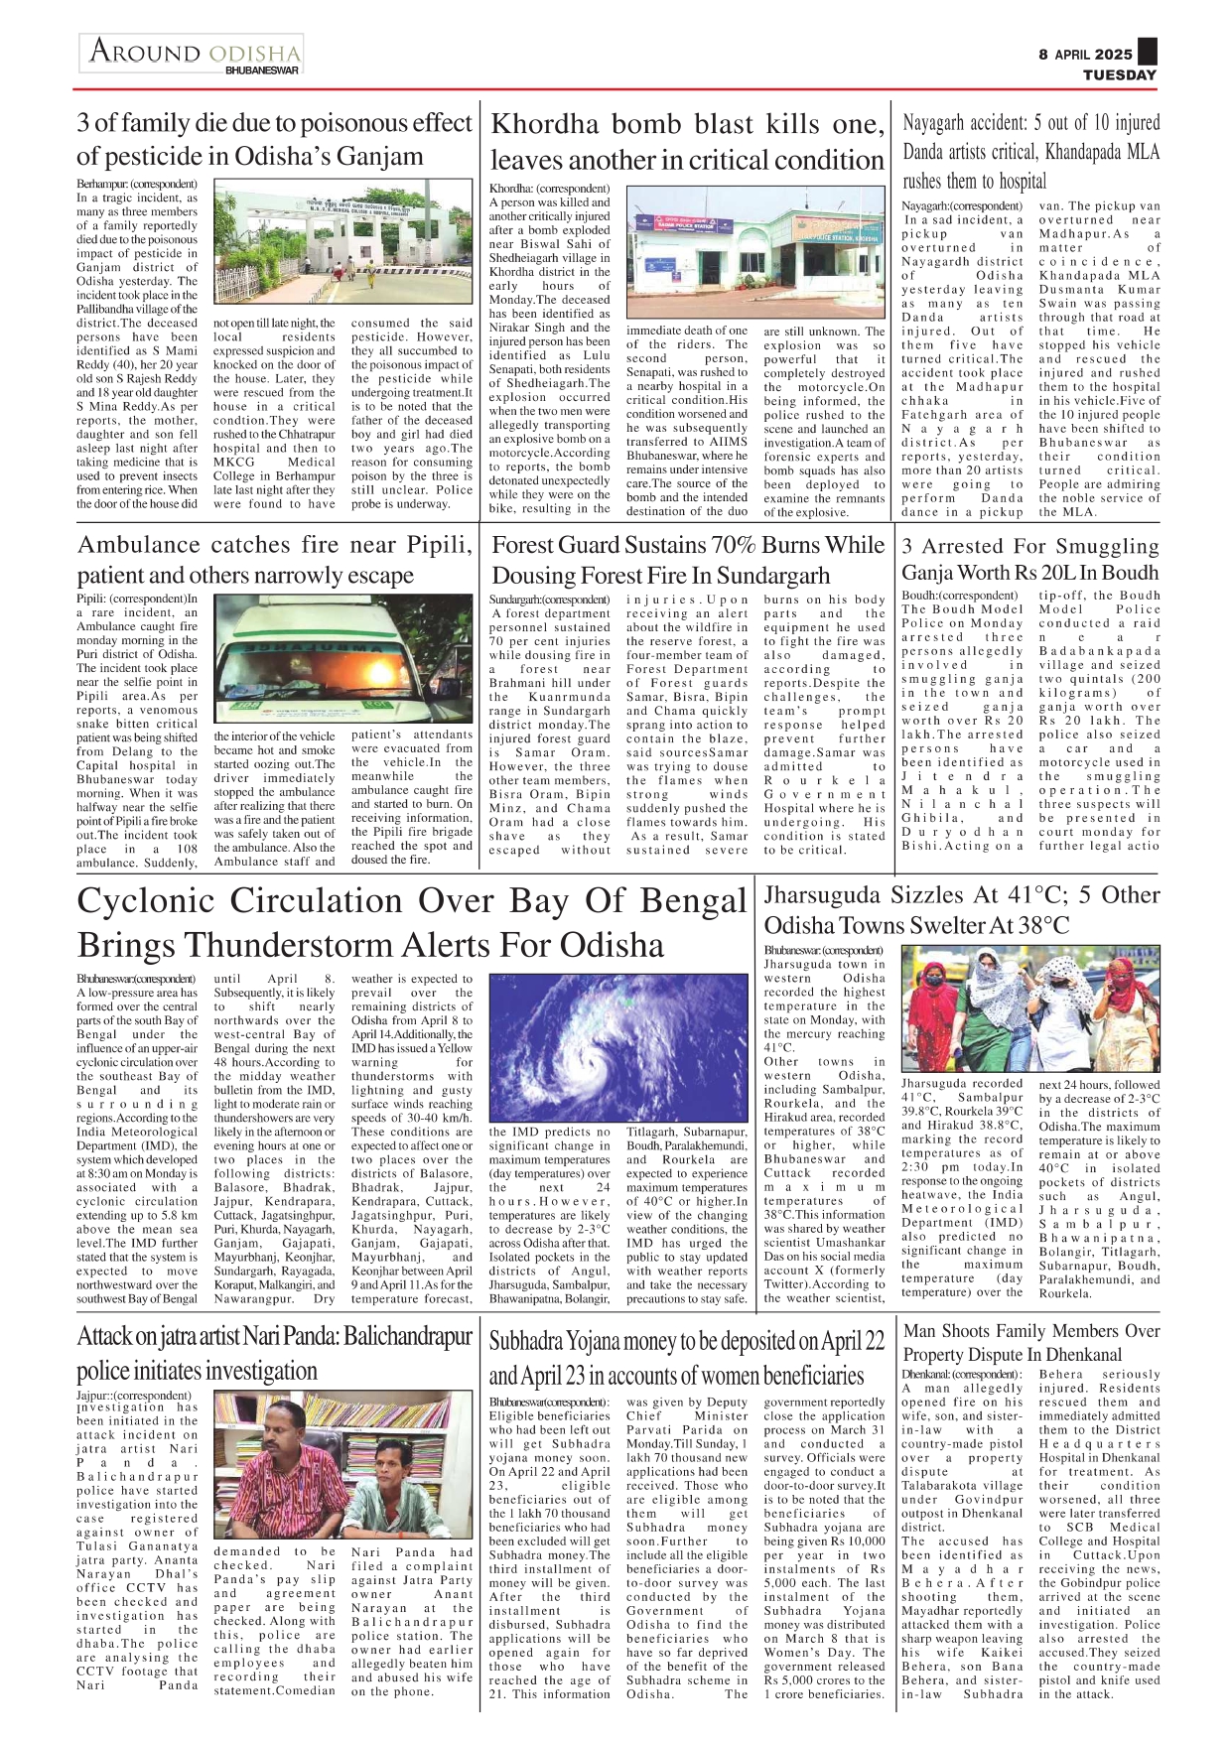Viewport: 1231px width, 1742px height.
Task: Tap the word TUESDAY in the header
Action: click(x=1119, y=75)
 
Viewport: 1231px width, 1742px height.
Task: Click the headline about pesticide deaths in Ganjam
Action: click(x=274, y=140)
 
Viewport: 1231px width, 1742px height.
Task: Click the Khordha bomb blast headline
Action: click(x=687, y=142)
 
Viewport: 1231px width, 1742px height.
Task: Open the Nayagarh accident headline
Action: click(x=1030, y=152)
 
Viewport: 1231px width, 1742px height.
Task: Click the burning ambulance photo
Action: click(x=342, y=658)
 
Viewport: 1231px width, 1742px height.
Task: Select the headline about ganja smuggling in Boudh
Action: click(x=1030, y=559)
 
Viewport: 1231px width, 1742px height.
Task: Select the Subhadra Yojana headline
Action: click(x=687, y=1358)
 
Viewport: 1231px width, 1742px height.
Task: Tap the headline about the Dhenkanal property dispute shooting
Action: click(x=1030, y=1343)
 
